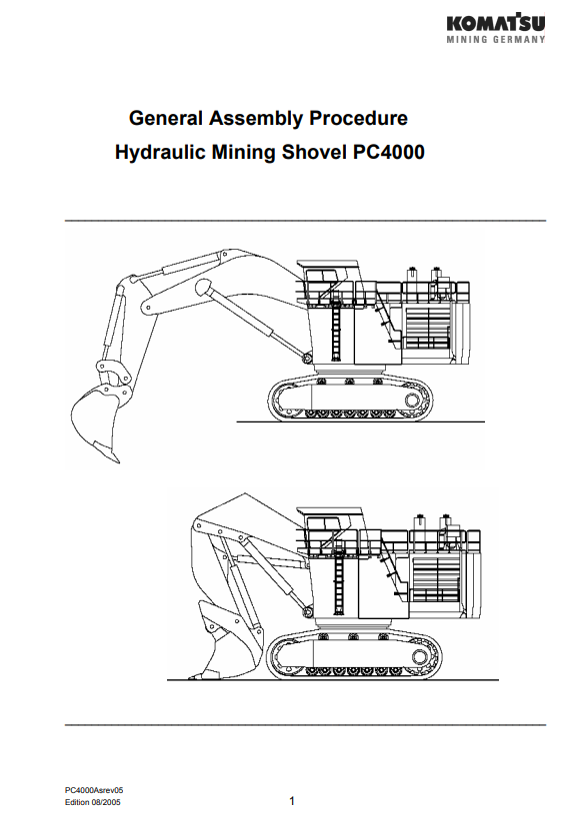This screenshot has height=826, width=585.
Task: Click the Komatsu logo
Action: point(496,23)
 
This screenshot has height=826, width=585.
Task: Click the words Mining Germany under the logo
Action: point(496,39)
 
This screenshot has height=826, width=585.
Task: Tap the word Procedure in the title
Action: point(358,118)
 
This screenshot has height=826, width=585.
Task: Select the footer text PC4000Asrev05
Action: point(94,790)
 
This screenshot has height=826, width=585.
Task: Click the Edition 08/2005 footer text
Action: point(92,802)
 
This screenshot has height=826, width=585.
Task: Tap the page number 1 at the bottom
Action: point(292,801)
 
